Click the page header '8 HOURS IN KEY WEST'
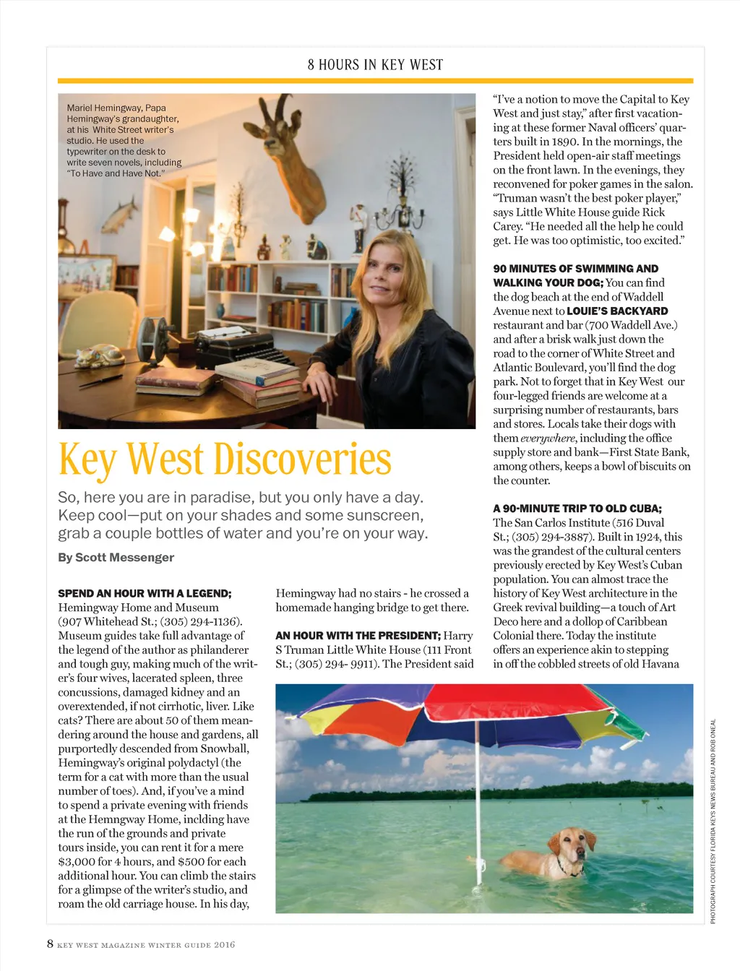[x=375, y=65]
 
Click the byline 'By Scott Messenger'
[x=116, y=557]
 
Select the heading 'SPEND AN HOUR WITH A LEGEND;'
[x=145, y=593]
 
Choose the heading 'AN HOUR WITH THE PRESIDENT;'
[x=358, y=636]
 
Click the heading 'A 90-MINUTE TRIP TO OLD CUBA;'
[x=577, y=509]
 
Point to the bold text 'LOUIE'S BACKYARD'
[x=617, y=311]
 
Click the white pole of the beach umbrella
[x=478, y=795]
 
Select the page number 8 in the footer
[x=50, y=944]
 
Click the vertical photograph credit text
[x=713, y=821]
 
